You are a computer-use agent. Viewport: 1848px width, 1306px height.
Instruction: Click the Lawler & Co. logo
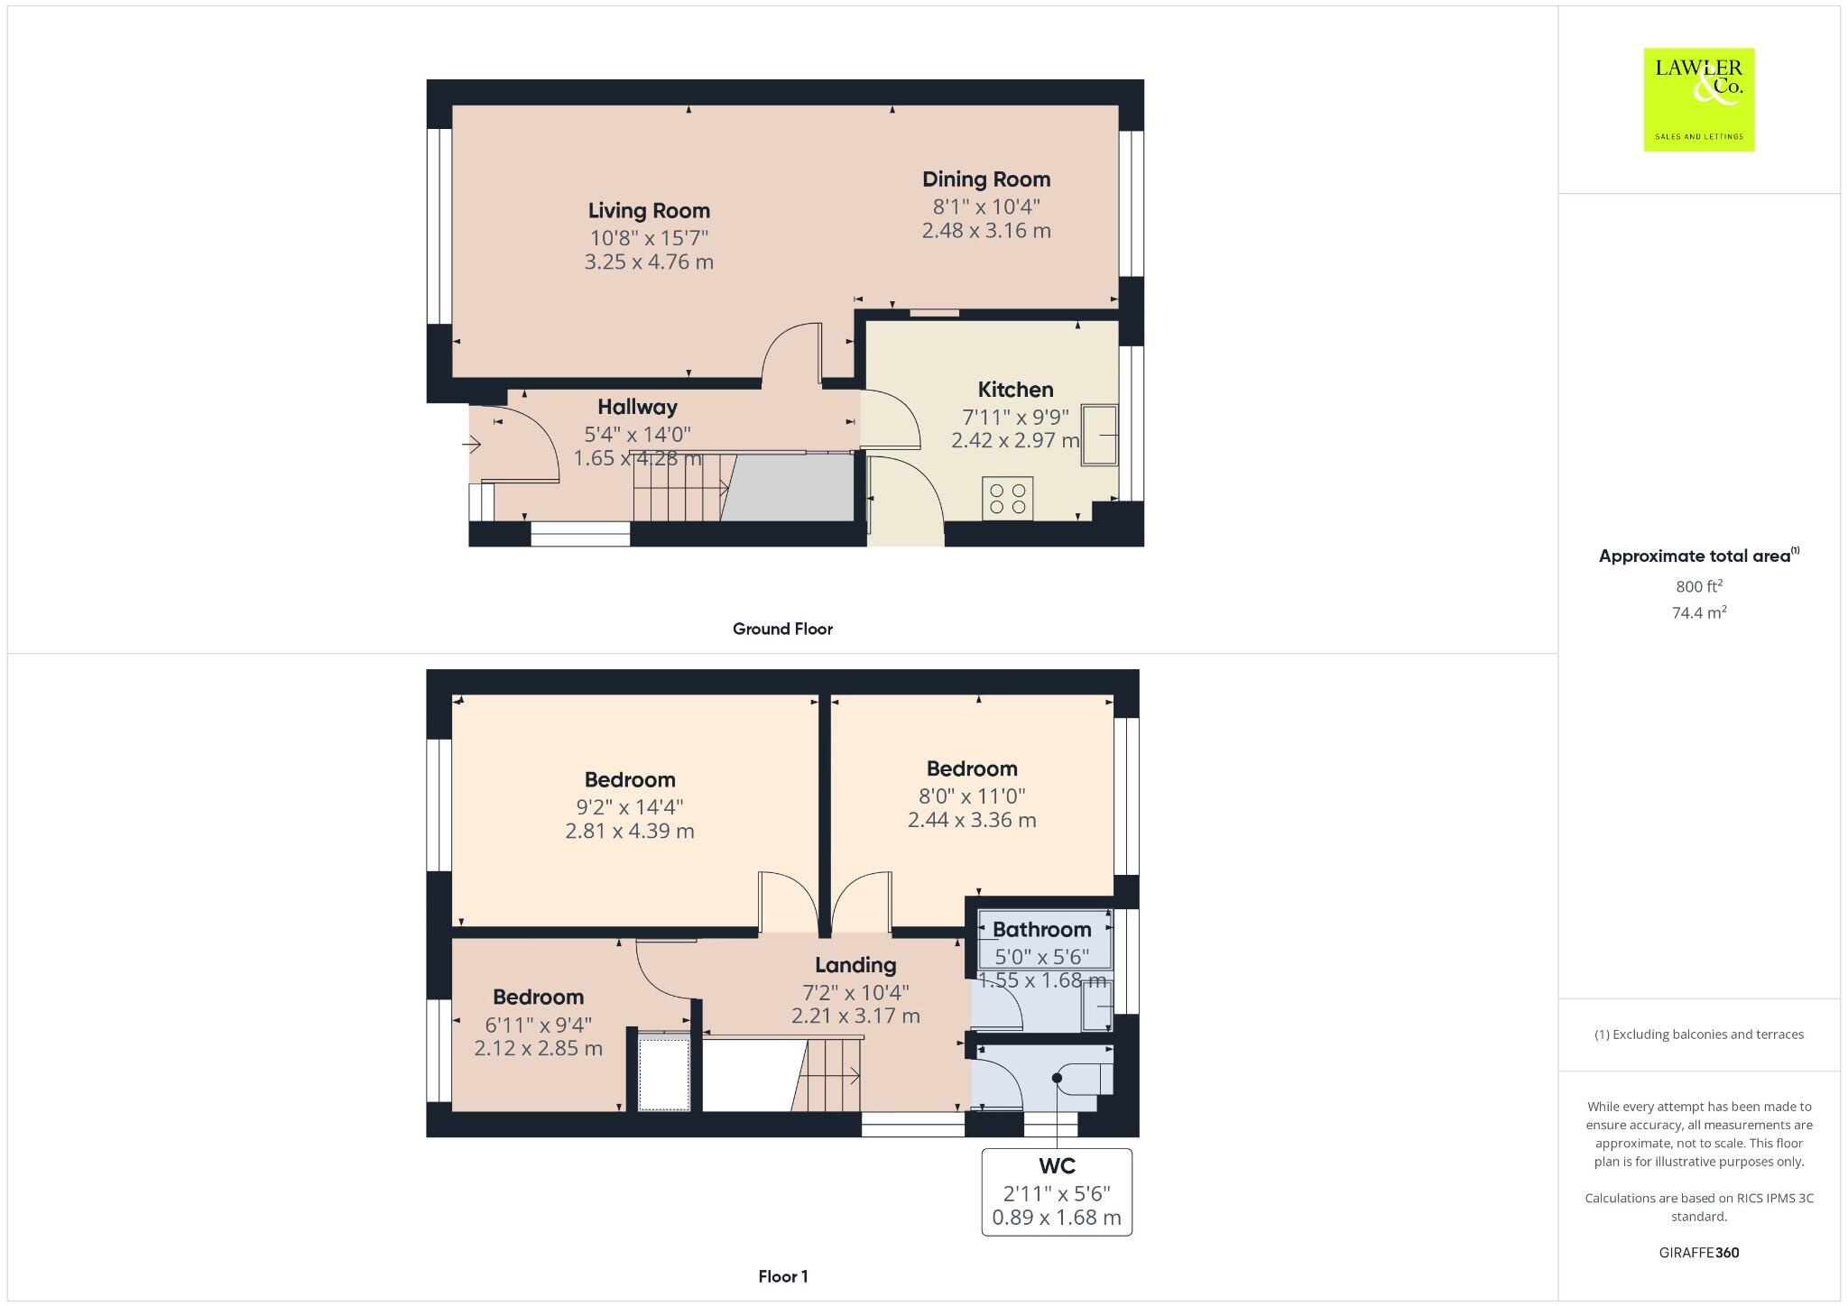(x=1698, y=99)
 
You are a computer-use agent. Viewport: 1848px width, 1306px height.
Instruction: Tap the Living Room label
(x=649, y=211)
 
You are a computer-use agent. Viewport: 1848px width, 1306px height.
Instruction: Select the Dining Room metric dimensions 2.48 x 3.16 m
(x=985, y=231)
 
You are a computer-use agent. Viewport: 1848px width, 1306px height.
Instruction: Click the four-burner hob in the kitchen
(x=1007, y=498)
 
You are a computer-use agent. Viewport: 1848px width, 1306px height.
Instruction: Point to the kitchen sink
(x=1100, y=436)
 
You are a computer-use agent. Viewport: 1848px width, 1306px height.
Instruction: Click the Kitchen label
(x=1015, y=390)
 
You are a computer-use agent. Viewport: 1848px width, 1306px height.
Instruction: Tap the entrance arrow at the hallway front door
(x=472, y=444)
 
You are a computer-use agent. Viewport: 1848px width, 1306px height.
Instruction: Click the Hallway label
(x=637, y=407)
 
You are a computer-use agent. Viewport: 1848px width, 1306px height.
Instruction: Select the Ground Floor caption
(x=781, y=629)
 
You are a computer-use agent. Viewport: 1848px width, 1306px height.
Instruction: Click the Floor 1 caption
(x=782, y=1276)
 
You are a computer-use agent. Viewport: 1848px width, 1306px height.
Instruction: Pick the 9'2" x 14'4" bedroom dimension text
(x=629, y=806)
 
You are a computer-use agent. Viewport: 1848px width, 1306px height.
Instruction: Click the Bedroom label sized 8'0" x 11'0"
(x=971, y=769)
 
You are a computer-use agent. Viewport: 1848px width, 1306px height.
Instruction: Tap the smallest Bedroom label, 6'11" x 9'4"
(x=538, y=998)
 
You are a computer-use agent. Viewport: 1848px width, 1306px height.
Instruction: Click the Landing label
(x=855, y=965)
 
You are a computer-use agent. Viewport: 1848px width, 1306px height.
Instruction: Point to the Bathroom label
(x=1041, y=930)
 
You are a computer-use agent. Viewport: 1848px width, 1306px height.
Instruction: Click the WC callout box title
(x=1056, y=1165)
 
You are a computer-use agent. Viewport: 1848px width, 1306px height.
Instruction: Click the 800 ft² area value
(x=1698, y=586)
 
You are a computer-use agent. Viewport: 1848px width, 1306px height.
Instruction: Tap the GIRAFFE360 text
(x=1698, y=1253)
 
